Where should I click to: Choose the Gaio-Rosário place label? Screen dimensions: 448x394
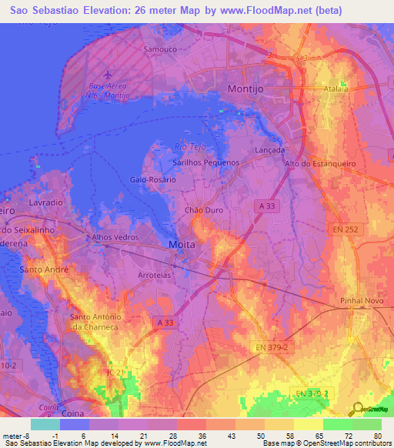tap(153, 179)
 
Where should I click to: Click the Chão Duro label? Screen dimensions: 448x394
tap(204, 209)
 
